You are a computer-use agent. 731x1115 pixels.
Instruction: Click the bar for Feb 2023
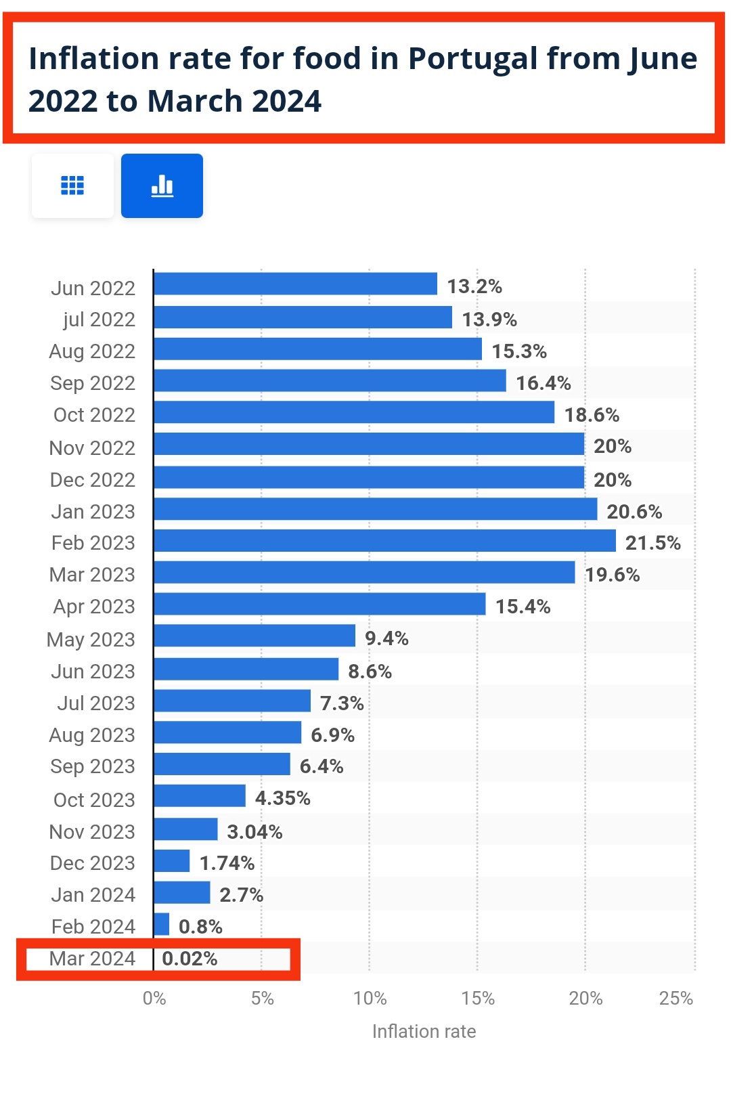click(x=384, y=541)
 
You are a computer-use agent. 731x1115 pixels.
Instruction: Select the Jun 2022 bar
click(x=295, y=284)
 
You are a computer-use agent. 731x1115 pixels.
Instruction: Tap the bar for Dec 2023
click(x=172, y=861)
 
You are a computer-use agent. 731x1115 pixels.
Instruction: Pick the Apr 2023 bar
click(x=319, y=605)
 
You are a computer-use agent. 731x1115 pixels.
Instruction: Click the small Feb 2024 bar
click(x=162, y=925)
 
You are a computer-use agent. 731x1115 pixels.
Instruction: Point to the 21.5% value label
click(x=652, y=543)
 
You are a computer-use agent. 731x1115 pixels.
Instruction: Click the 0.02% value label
click(x=190, y=959)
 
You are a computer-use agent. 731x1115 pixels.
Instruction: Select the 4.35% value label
click(x=282, y=798)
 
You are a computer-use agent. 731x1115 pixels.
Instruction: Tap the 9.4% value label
click(x=386, y=638)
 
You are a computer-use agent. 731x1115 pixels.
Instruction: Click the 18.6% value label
click(x=592, y=415)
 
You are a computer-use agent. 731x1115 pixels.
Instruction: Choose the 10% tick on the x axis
click(x=370, y=999)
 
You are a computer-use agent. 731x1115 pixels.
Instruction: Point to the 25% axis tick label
click(x=675, y=999)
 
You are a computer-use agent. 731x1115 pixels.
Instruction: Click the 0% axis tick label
click(x=154, y=999)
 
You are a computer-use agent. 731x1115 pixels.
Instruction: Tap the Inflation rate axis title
click(x=424, y=1032)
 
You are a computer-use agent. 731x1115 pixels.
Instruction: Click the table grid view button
click(x=72, y=185)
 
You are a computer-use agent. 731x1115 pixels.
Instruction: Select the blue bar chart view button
click(x=162, y=185)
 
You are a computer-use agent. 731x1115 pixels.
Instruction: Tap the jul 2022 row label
click(x=99, y=320)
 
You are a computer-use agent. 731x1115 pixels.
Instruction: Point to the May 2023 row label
click(x=91, y=640)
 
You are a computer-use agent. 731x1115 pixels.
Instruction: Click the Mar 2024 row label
click(x=92, y=959)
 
